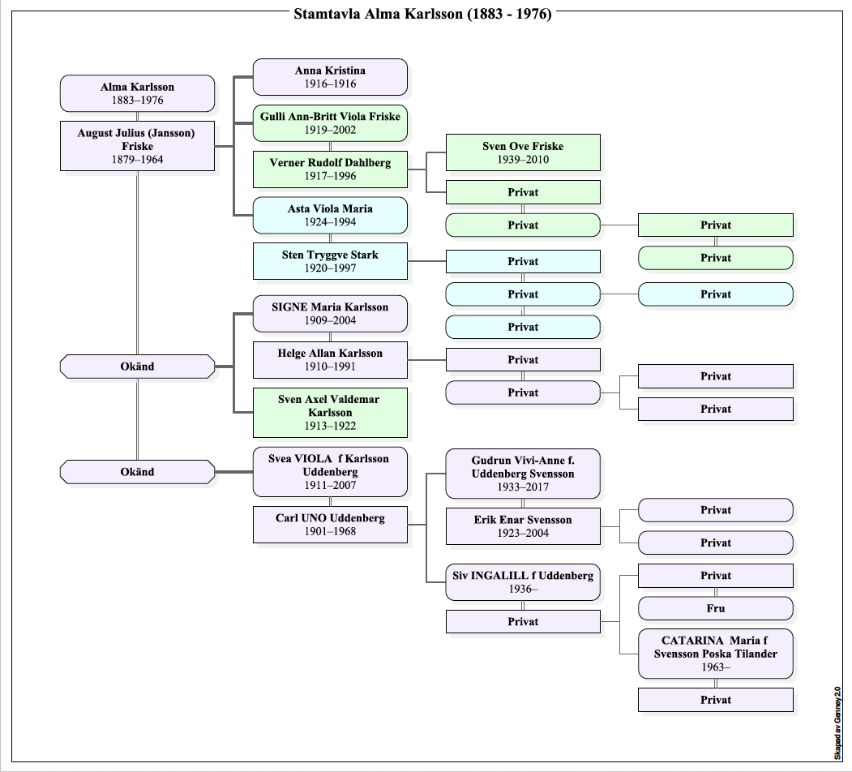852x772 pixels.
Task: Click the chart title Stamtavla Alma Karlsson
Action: [x=422, y=14]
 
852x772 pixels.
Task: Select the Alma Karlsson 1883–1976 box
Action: [x=137, y=93]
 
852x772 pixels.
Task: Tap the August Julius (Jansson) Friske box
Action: [x=137, y=146]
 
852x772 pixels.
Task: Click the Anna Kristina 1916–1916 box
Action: [x=330, y=77]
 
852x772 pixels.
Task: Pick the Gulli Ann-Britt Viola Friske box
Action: [x=330, y=123]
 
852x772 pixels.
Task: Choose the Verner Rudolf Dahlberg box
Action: [x=330, y=169]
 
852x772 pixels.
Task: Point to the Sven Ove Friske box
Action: [x=523, y=152]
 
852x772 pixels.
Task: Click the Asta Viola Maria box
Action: [x=330, y=216]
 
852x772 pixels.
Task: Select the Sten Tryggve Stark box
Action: [x=330, y=262]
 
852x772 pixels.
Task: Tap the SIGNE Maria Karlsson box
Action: [x=330, y=314]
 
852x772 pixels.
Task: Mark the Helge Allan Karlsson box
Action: [x=330, y=360]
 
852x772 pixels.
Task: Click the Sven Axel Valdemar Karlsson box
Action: [x=330, y=413]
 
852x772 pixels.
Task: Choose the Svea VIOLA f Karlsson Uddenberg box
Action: [x=330, y=472]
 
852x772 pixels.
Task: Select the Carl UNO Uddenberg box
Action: [x=330, y=525]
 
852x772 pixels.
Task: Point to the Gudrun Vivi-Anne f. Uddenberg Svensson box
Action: [x=523, y=474]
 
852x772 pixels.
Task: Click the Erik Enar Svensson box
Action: [x=523, y=526]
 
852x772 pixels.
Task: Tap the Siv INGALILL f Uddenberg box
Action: [x=523, y=582]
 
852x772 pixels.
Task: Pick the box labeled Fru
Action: [x=716, y=608]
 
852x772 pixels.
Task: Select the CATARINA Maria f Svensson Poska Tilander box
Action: [x=716, y=654]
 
